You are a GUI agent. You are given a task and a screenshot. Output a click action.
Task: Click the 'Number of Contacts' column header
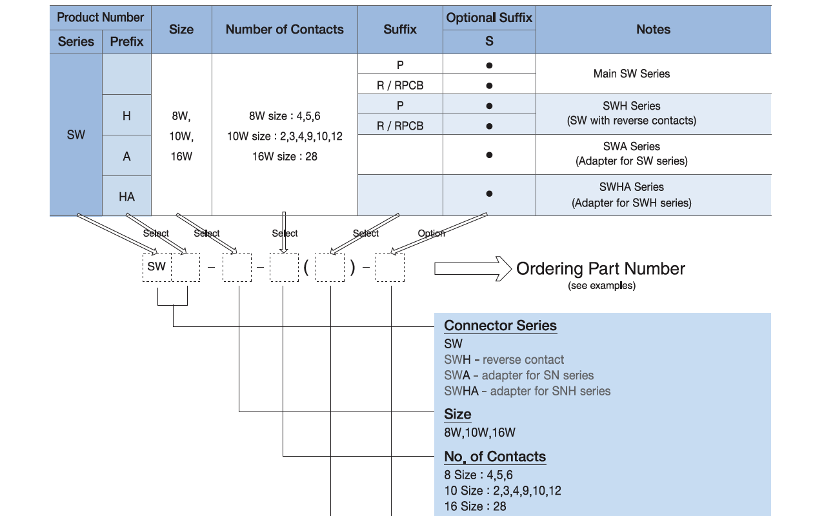pos(285,30)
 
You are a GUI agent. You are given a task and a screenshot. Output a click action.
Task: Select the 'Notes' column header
pos(653,30)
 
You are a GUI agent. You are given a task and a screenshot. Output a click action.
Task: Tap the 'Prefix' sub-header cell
pos(126,42)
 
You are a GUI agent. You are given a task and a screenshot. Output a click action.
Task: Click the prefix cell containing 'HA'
pos(126,196)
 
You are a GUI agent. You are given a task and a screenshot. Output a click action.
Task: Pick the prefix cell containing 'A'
pos(126,155)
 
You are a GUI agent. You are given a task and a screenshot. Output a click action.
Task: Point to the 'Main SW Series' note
pos(632,74)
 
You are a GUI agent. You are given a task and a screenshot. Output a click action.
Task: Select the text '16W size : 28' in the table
pos(285,156)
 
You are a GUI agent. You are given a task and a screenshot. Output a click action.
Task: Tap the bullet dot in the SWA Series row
pos(489,155)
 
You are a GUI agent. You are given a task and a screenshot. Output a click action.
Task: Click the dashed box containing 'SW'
pos(156,266)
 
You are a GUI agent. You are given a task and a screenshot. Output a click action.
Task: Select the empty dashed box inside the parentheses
pos(330,268)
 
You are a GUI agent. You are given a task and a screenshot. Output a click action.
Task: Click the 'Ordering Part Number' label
pos(600,269)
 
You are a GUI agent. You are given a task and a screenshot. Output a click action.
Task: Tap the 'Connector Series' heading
pos(500,326)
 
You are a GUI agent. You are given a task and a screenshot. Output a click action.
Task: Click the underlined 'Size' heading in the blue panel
pos(457,414)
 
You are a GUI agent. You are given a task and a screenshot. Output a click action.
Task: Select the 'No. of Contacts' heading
pos(495,457)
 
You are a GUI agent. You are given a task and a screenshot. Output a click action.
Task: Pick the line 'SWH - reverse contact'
pos(504,360)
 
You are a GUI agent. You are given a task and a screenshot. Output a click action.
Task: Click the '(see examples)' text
pos(601,286)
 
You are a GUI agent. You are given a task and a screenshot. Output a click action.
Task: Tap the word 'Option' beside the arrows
pos(431,233)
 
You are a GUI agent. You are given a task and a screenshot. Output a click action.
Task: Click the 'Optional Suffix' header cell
pos(489,18)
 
